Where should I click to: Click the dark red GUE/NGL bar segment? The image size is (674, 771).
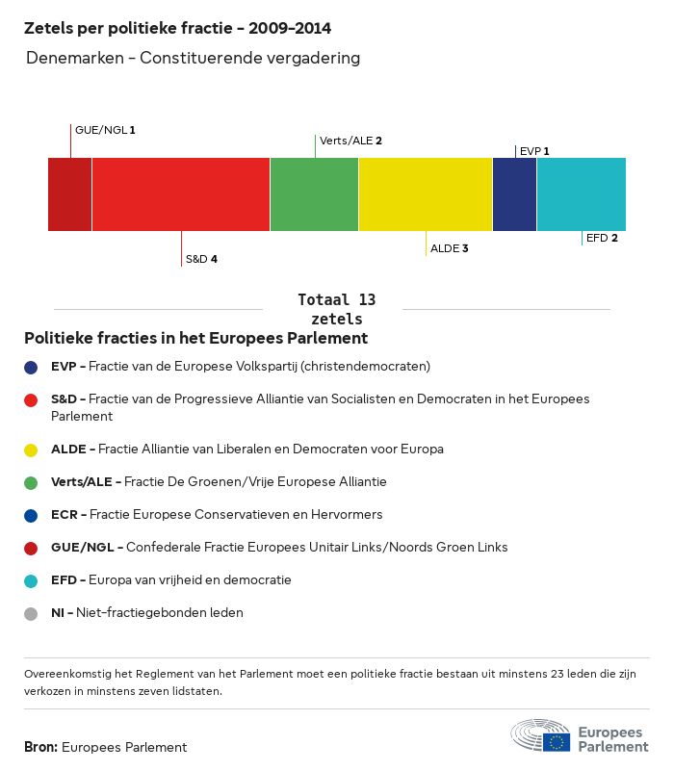(x=69, y=194)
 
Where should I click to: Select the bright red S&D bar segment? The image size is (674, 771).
(x=181, y=194)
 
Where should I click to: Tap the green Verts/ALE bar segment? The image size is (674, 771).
(x=314, y=194)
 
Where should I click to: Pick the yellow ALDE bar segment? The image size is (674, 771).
(x=426, y=194)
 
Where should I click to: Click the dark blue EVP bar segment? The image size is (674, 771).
(x=514, y=194)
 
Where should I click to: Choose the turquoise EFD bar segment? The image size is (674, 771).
(x=582, y=194)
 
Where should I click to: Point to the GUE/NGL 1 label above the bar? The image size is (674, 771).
(x=105, y=130)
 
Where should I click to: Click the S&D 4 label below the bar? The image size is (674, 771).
(x=201, y=260)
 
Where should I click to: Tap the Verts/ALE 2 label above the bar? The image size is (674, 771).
(x=350, y=141)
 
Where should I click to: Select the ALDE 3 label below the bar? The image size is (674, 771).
(x=449, y=249)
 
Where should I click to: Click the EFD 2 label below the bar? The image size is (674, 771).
(x=602, y=238)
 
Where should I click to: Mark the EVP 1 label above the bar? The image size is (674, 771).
(x=534, y=151)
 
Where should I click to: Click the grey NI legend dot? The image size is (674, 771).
(x=32, y=613)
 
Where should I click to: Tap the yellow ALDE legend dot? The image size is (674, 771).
(x=32, y=450)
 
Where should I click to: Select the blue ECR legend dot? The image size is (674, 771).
(x=32, y=515)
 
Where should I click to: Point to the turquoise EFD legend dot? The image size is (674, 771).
(x=32, y=580)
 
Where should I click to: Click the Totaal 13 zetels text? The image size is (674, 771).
(x=337, y=309)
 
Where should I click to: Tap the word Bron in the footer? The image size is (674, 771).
(x=40, y=747)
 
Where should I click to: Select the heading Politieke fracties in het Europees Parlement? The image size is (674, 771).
(x=195, y=339)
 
